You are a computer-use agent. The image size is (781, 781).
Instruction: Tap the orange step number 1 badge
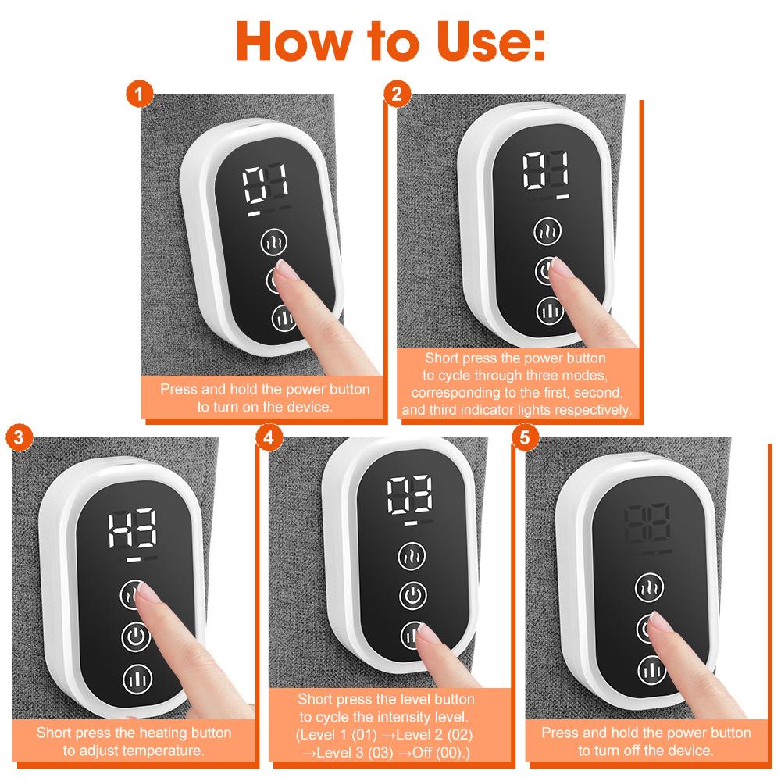pos(138,96)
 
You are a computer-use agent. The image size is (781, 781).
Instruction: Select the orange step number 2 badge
pos(397,95)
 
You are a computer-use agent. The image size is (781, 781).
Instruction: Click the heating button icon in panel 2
pos(549,232)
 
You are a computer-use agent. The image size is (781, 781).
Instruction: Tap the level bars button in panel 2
pos(550,311)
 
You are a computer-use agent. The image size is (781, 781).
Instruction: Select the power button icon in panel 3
pos(135,637)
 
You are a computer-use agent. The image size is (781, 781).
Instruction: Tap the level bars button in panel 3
pos(137,678)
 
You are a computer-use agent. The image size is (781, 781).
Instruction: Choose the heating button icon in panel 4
pos(412,558)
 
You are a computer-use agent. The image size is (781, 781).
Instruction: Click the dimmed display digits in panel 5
pos(647,526)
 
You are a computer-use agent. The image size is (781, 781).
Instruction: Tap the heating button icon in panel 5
pos(651,587)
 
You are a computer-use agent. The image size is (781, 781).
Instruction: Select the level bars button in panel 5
pos(651,667)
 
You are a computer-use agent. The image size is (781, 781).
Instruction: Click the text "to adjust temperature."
pos(134,751)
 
